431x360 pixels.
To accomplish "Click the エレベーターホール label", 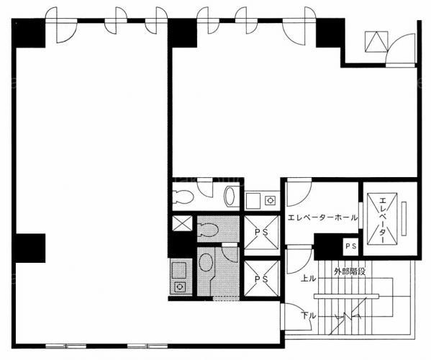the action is (x=322, y=218).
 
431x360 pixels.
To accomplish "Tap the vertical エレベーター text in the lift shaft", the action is (x=383, y=220).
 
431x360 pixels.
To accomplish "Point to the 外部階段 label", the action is (x=350, y=271).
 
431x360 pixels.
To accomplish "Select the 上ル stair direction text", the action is (x=309, y=279).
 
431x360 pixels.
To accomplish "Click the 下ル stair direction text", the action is (x=309, y=315).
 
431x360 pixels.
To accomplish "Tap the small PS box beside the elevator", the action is (x=350, y=246).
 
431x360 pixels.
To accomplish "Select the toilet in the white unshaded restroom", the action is (x=183, y=197).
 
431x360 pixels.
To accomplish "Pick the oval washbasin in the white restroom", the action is (x=230, y=196).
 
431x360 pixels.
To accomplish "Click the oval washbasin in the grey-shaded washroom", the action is (x=205, y=262).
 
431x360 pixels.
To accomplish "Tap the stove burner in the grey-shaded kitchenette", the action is (x=179, y=287).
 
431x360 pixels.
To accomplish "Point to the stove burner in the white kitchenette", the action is (x=270, y=200).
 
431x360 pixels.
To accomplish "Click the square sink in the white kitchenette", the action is (x=253, y=201).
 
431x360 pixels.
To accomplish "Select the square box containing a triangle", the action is (x=376, y=42).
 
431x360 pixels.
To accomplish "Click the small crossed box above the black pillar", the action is (x=182, y=222).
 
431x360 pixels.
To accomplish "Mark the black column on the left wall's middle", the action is (x=30, y=248).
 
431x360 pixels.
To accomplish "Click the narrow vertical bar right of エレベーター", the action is (x=404, y=219).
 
